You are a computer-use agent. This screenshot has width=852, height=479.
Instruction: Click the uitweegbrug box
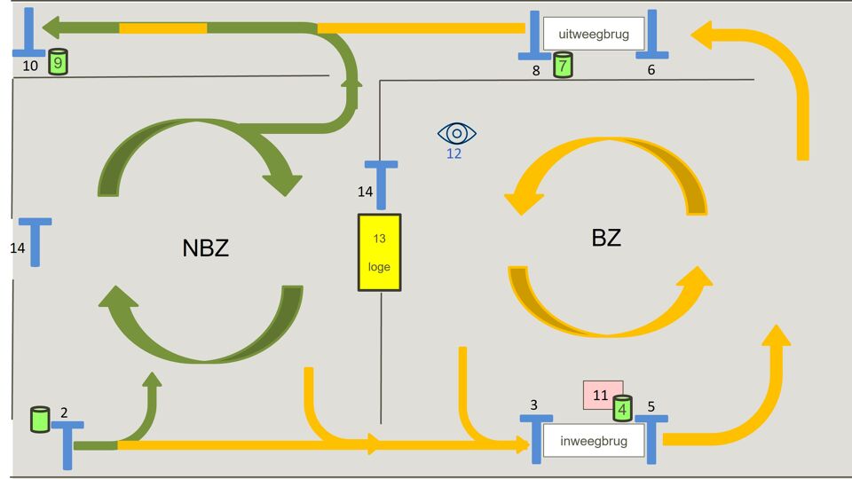click(594, 35)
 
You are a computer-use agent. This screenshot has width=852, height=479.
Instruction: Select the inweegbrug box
click(594, 441)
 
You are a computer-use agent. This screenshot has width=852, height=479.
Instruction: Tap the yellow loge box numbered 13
click(379, 253)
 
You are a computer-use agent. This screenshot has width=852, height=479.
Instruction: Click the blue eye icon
click(457, 134)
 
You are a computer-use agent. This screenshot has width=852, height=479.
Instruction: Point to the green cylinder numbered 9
click(59, 62)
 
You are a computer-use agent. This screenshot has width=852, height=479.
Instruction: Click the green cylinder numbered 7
click(563, 65)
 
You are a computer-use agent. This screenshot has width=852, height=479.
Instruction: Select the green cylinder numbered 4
click(623, 408)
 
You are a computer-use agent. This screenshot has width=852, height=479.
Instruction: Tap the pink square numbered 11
click(599, 395)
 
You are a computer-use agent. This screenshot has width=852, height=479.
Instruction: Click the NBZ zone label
click(206, 248)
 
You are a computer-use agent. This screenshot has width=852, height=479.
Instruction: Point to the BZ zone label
click(606, 238)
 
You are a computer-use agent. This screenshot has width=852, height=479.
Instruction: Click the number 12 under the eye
click(454, 153)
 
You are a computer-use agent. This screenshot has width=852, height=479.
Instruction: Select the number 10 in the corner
click(30, 67)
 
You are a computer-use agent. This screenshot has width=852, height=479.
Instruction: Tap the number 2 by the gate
click(64, 412)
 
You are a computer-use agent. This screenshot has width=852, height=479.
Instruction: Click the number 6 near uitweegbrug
click(651, 70)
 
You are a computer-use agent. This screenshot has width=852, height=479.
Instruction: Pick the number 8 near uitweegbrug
click(536, 71)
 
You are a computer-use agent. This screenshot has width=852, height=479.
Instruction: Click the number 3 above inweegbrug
click(533, 405)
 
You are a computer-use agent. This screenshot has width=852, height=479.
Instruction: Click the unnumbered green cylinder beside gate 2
click(40, 419)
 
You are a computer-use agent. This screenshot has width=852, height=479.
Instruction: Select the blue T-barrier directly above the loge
click(382, 182)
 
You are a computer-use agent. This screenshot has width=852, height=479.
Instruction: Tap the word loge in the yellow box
click(379, 267)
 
